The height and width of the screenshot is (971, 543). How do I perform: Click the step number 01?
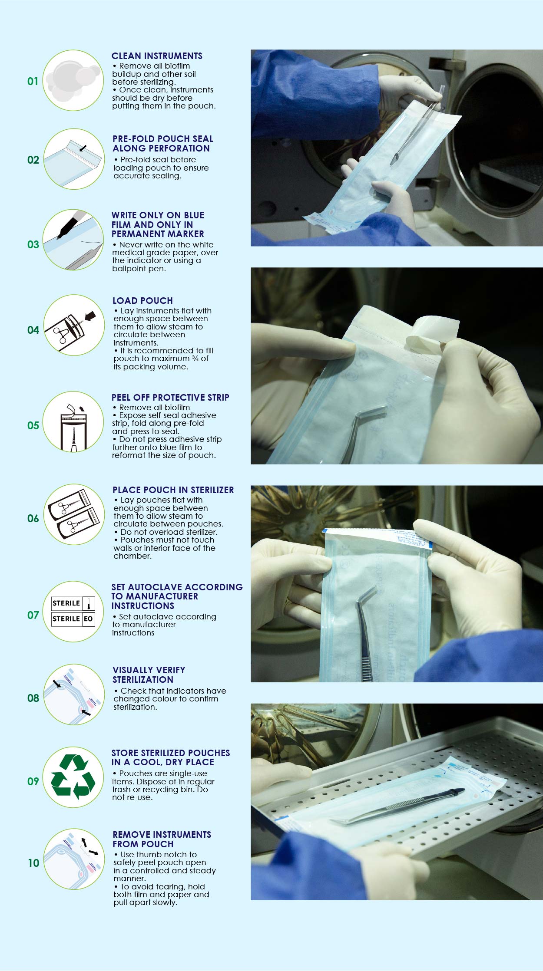click(x=33, y=81)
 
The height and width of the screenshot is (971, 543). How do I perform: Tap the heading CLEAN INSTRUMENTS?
click(x=157, y=56)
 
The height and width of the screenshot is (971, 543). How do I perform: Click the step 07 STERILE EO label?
click(x=73, y=619)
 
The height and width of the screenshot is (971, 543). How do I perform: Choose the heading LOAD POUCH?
click(x=142, y=301)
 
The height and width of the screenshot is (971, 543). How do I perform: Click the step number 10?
click(x=33, y=863)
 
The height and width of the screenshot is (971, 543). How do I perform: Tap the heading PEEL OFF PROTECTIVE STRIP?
click(x=170, y=398)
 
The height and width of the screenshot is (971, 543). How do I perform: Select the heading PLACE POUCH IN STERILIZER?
click(x=173, y=490)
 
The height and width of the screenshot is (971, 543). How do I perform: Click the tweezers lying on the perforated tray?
click(x=397, y=806)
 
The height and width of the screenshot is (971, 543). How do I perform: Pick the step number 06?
click(x=33, y=518)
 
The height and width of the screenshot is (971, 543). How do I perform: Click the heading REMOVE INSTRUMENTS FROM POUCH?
click(x=162, y=839)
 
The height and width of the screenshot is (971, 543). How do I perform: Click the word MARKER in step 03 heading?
click(x=184, y=234)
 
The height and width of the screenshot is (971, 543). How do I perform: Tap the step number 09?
click(x=33, y=781)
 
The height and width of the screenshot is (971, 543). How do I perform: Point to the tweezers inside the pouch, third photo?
click(x=368, y=629)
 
